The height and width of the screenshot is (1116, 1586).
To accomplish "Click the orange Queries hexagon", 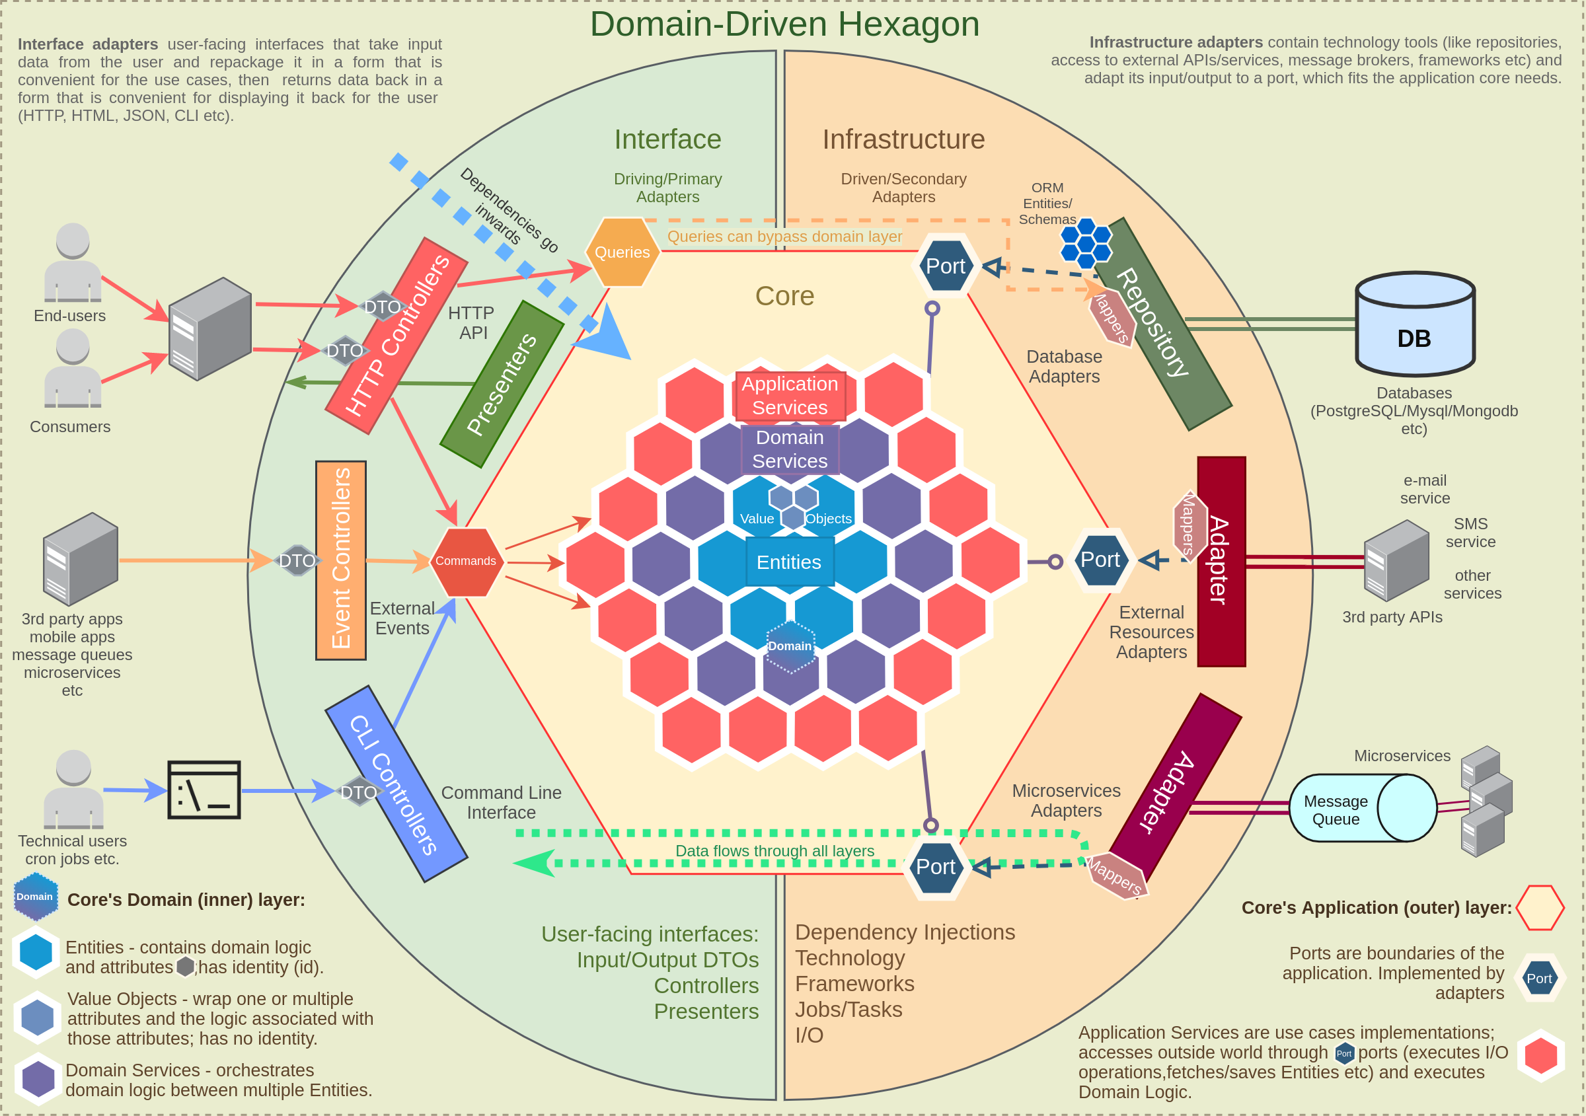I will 622,252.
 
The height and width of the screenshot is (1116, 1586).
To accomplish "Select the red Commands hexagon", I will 466,562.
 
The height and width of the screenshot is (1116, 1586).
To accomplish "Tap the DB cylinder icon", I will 1414,324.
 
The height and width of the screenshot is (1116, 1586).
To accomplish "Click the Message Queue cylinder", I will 1362,808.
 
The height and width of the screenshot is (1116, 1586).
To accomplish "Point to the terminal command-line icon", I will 204,790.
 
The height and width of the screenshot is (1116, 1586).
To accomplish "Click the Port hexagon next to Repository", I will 945,266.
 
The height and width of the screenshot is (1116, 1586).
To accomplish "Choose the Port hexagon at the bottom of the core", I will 935,867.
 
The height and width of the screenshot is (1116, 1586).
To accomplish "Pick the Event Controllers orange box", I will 340,560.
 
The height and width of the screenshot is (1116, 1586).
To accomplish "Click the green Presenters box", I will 502,384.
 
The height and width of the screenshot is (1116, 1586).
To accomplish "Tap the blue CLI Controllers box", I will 395,784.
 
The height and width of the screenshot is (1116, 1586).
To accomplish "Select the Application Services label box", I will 790,396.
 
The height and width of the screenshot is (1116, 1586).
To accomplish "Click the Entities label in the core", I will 789,562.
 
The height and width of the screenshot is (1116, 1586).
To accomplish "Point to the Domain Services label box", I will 790,449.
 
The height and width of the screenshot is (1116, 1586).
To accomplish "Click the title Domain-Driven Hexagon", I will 784,24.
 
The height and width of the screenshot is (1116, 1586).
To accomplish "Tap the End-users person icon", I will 73,262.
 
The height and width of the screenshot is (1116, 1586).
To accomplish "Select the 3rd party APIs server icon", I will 1395,560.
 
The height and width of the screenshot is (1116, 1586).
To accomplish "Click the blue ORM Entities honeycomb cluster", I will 1085,243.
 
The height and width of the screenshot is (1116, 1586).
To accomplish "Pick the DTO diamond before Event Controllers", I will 297,561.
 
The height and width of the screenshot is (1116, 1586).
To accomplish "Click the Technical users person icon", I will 73,789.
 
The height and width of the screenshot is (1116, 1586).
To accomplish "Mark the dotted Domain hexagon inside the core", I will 790,646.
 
